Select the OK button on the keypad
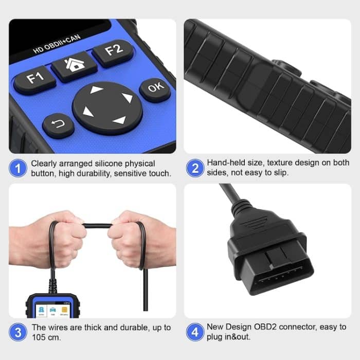155,89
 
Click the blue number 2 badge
194,168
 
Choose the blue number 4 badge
194,332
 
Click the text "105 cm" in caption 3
47,337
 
